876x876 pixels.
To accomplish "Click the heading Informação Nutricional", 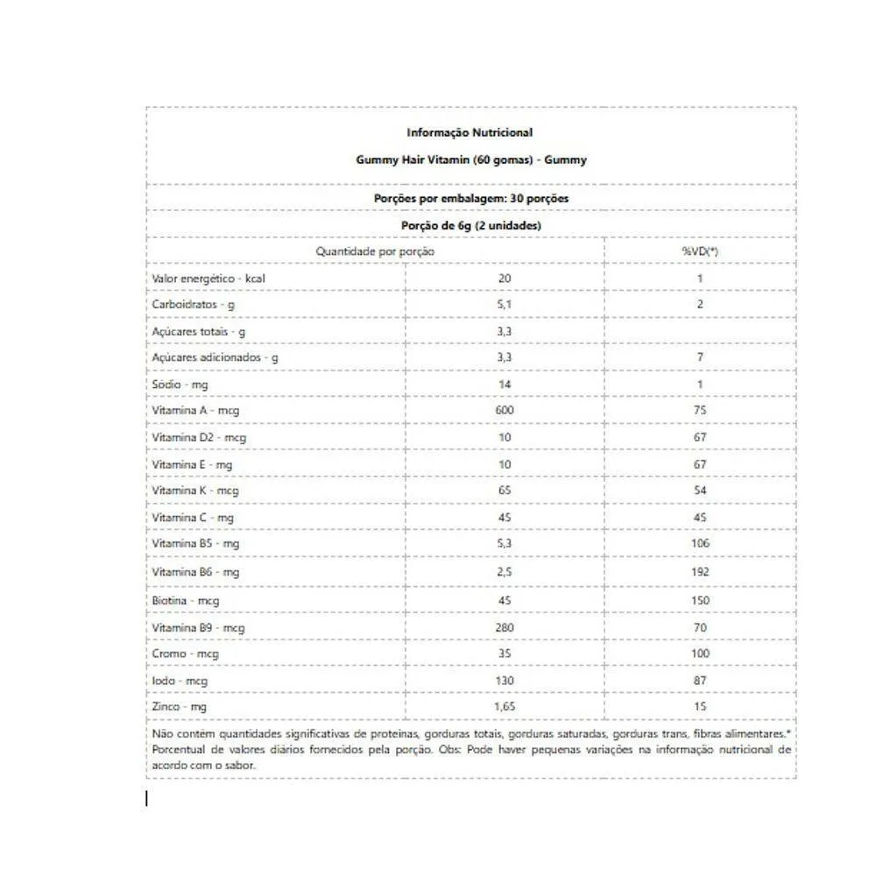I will point(470,132).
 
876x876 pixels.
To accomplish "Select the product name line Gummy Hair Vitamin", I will point(470,160).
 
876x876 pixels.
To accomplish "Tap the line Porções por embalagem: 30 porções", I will point(470,199).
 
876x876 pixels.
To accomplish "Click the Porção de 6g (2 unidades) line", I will point(470,225).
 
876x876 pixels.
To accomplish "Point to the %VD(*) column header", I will point(699,251).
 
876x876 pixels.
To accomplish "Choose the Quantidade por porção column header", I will point(375,251).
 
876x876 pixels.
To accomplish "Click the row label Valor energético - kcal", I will point(208,279).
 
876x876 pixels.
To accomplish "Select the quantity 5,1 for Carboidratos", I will point(504,305).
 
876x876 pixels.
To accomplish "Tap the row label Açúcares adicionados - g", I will point(215,357).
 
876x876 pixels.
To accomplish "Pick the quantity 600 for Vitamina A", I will point(505,410).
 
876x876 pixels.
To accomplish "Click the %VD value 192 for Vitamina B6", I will point(699,572).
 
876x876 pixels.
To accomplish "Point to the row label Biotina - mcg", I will point(185,600).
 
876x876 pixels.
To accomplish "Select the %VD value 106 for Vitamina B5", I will point(699,544).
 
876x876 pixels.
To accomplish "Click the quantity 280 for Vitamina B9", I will point(505,627).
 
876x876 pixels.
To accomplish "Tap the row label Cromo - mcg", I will point(185,653).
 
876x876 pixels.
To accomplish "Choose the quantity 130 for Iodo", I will point(505,681).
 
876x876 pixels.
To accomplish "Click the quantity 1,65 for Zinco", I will point(505,706).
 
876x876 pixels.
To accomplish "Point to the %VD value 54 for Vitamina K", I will point(699,491).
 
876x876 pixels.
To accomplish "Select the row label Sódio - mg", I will point(180,385).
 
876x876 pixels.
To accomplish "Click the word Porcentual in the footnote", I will point(179,750).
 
